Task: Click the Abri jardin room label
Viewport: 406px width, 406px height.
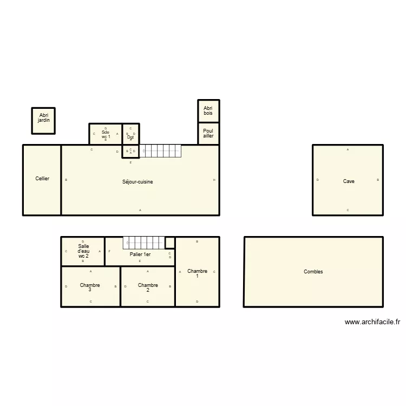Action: point(44,117)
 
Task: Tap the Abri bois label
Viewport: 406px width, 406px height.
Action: point(208,110)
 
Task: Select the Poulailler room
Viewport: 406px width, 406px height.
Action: point(208,133)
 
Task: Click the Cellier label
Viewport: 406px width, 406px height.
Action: point(42,178)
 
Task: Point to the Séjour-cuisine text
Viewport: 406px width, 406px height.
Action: point(137,182)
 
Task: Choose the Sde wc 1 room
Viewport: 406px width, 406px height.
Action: point(106,134)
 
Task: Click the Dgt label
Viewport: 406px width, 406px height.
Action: point(130,137)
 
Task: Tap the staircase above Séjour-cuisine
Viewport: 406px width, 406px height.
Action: point(161,151)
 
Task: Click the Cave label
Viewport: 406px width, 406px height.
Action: point(349,181)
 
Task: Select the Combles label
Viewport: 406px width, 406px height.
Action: point(313,272)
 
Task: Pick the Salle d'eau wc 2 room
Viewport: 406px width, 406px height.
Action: point(83,251)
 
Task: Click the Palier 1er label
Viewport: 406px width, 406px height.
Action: point(140,254)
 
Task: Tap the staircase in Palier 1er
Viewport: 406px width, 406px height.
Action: point(144,243)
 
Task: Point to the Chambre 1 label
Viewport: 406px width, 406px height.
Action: point(197,273)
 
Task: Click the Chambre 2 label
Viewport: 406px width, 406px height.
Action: point(148,287)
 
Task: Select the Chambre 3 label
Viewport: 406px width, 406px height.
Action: point(90,287)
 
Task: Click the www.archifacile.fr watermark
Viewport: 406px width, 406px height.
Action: point(372,322)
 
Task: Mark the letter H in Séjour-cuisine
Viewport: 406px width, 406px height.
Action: point(214,180)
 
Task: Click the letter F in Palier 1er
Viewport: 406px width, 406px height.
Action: point(110,251)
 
